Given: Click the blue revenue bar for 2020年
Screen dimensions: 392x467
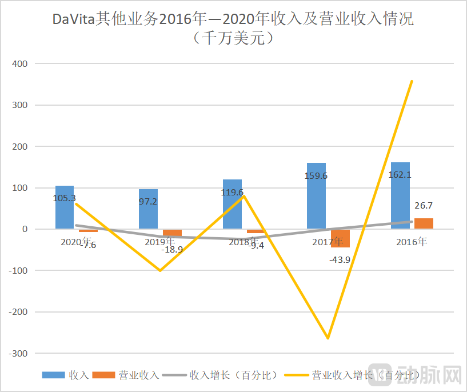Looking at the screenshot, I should click(x=65, y=207).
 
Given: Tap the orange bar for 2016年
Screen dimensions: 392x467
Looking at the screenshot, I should click(x=424, y=223).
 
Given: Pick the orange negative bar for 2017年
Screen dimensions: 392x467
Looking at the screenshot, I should click(x=341, y=238).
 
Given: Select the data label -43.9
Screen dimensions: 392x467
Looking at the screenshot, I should click(x=340, y=259).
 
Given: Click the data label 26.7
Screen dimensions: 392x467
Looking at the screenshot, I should click(x=423, y=205).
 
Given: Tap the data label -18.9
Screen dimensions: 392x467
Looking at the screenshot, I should click(x=171, y=249).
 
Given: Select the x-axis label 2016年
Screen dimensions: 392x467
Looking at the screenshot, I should click(x=411, y=242).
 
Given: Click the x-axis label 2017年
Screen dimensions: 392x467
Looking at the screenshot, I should click(x=328, y=242).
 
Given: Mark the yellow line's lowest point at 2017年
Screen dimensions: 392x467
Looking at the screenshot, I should click(x=328, y=338).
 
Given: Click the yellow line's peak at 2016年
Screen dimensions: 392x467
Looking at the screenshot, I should click(x=412, y=81).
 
